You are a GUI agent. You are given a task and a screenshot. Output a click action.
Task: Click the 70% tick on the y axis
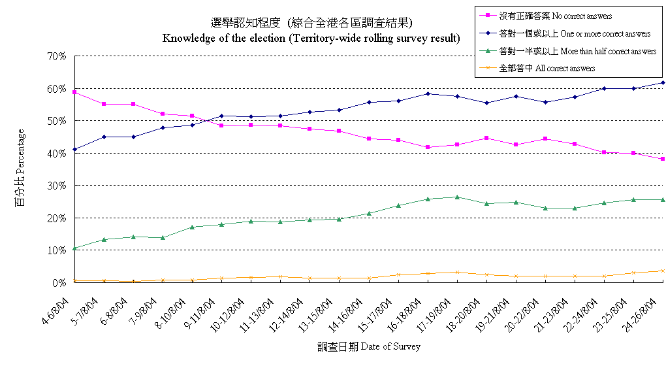click(58, 56)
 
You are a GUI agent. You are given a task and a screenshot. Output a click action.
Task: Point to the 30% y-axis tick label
click(58, 186)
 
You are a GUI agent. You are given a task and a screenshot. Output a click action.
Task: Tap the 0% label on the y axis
click(61, 283)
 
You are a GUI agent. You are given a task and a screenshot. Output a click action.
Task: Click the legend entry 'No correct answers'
click(555, 16)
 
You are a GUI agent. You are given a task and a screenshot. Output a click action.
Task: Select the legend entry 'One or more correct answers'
click(574, 33)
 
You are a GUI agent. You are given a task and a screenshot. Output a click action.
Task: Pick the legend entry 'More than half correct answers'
click(577, 51)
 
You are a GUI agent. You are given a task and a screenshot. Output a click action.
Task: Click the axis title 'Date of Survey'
click(369, 346)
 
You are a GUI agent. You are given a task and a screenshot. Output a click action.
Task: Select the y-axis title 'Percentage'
click(20, 167)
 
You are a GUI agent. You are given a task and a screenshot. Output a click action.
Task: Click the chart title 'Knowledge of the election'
click(311, 38)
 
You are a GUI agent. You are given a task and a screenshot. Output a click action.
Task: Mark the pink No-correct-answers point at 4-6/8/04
click(74, 92)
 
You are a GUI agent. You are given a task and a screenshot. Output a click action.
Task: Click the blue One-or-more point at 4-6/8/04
click(74, 150)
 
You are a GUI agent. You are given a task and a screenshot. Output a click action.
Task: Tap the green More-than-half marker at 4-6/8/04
click(74, 248)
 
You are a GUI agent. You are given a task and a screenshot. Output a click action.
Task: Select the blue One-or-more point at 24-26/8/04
click(663, 82)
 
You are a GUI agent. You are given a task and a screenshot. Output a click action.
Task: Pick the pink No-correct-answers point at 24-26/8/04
click(663, 159)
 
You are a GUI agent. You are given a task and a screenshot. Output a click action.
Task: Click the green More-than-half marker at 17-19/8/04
click(457, 197)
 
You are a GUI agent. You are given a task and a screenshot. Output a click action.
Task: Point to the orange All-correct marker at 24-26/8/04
click(663, 271)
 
